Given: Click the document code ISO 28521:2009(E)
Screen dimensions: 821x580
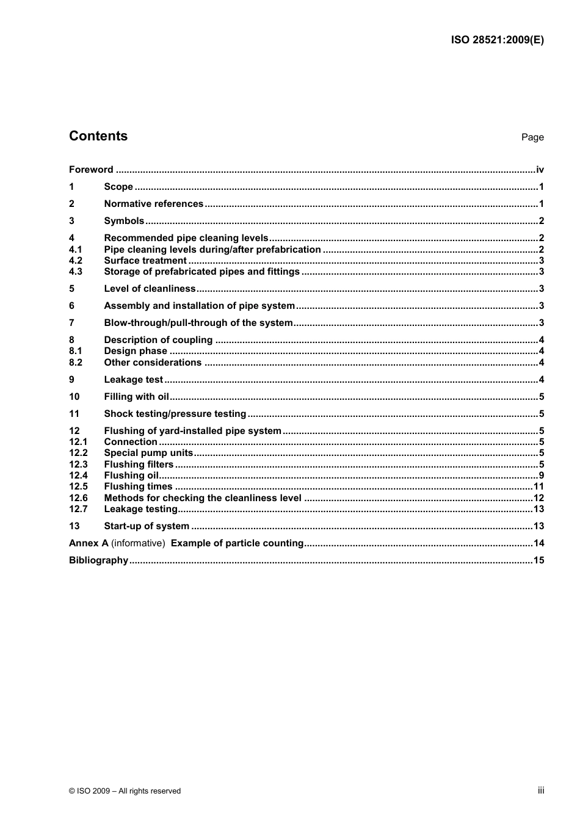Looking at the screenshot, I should (497, 40).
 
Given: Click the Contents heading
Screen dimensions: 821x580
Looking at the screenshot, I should (98, 136).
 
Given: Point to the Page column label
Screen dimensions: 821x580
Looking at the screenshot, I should (532, 137).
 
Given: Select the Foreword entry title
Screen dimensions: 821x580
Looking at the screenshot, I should (91, 170).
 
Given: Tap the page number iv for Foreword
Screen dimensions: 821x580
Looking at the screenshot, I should (540, 170).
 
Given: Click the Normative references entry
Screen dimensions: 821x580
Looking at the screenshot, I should (153, 204).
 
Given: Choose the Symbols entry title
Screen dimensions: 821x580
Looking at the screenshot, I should (124, 221).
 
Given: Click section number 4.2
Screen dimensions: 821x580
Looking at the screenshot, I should (76, 261).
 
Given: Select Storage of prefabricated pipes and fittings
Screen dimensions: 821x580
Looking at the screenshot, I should (201, 272).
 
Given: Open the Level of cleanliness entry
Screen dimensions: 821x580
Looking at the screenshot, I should (150, 289).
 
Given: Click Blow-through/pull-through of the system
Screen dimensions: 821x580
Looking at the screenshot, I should (198, 323).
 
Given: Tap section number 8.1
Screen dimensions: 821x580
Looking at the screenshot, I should (76, 351).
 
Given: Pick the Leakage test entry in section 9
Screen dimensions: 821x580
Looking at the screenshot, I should (133, 380).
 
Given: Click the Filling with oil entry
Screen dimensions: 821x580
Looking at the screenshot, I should (136, 397).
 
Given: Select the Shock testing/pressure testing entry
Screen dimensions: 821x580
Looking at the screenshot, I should (175, 414).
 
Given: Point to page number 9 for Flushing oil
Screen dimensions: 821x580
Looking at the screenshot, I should (541, 476).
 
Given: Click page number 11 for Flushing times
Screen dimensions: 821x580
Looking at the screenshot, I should (538, 486).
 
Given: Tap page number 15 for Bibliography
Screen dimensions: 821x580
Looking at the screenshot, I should (538, 560).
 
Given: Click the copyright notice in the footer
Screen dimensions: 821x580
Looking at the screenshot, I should (125, 791).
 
